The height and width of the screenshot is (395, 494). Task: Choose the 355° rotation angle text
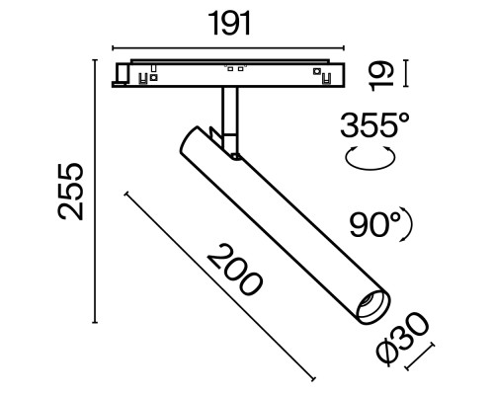[372, 125]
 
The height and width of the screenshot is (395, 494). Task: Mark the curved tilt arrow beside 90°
[405, 226]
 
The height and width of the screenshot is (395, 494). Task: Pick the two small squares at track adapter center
[234, 68]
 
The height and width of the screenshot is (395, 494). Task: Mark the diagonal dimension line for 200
[222, 286]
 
